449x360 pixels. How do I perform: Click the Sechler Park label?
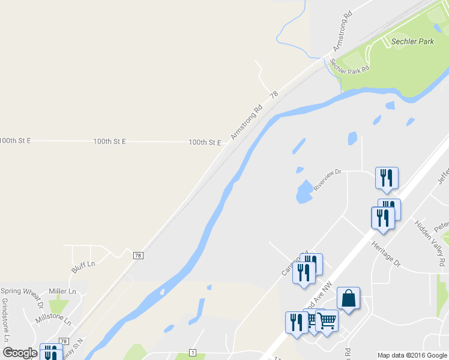point(412,42)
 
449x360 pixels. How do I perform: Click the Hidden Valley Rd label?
point(430,243)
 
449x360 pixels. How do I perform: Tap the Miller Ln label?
point(62,291)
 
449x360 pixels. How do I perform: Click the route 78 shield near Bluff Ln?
point(139,255)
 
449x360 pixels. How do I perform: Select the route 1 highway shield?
point(193,352)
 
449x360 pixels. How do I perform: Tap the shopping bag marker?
point(348,298)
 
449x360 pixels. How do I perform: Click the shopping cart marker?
point(327,321)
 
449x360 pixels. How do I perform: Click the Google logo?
point(20,353)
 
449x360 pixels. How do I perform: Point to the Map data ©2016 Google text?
point(412,355)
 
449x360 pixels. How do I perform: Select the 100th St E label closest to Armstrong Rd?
point(205,142)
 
